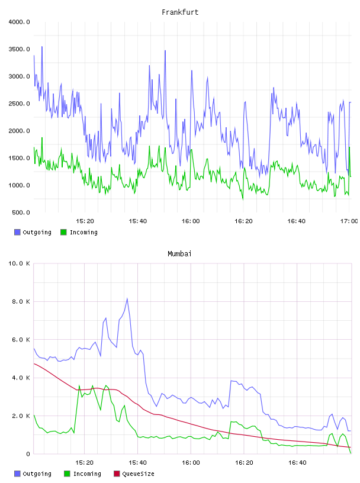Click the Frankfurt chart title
coord(180,12)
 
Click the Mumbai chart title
coord(179,253)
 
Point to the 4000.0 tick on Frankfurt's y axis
coord(19,22)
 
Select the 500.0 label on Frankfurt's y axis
coord(21,212)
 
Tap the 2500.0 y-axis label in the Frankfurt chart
coord(19,104)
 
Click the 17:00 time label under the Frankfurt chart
coord(349,221)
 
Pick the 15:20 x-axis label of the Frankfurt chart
coord(85,221)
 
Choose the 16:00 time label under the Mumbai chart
coord(191,462)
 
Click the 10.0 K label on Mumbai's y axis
coord(19,263)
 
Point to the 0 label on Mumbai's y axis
coord(28,454)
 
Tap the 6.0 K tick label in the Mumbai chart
coord(21,339)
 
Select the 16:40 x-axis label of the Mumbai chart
coord(297,462)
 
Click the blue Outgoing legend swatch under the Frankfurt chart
coord(17,232)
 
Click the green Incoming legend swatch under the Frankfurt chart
coord(63,232)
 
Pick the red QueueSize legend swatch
coord(117,474)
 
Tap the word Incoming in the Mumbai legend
coord(87,474)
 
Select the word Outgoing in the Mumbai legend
coord(37,474)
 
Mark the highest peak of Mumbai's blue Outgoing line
coord(127,298)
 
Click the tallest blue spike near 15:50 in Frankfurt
coord(165,51)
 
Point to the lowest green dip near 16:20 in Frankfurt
coord(243,199)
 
